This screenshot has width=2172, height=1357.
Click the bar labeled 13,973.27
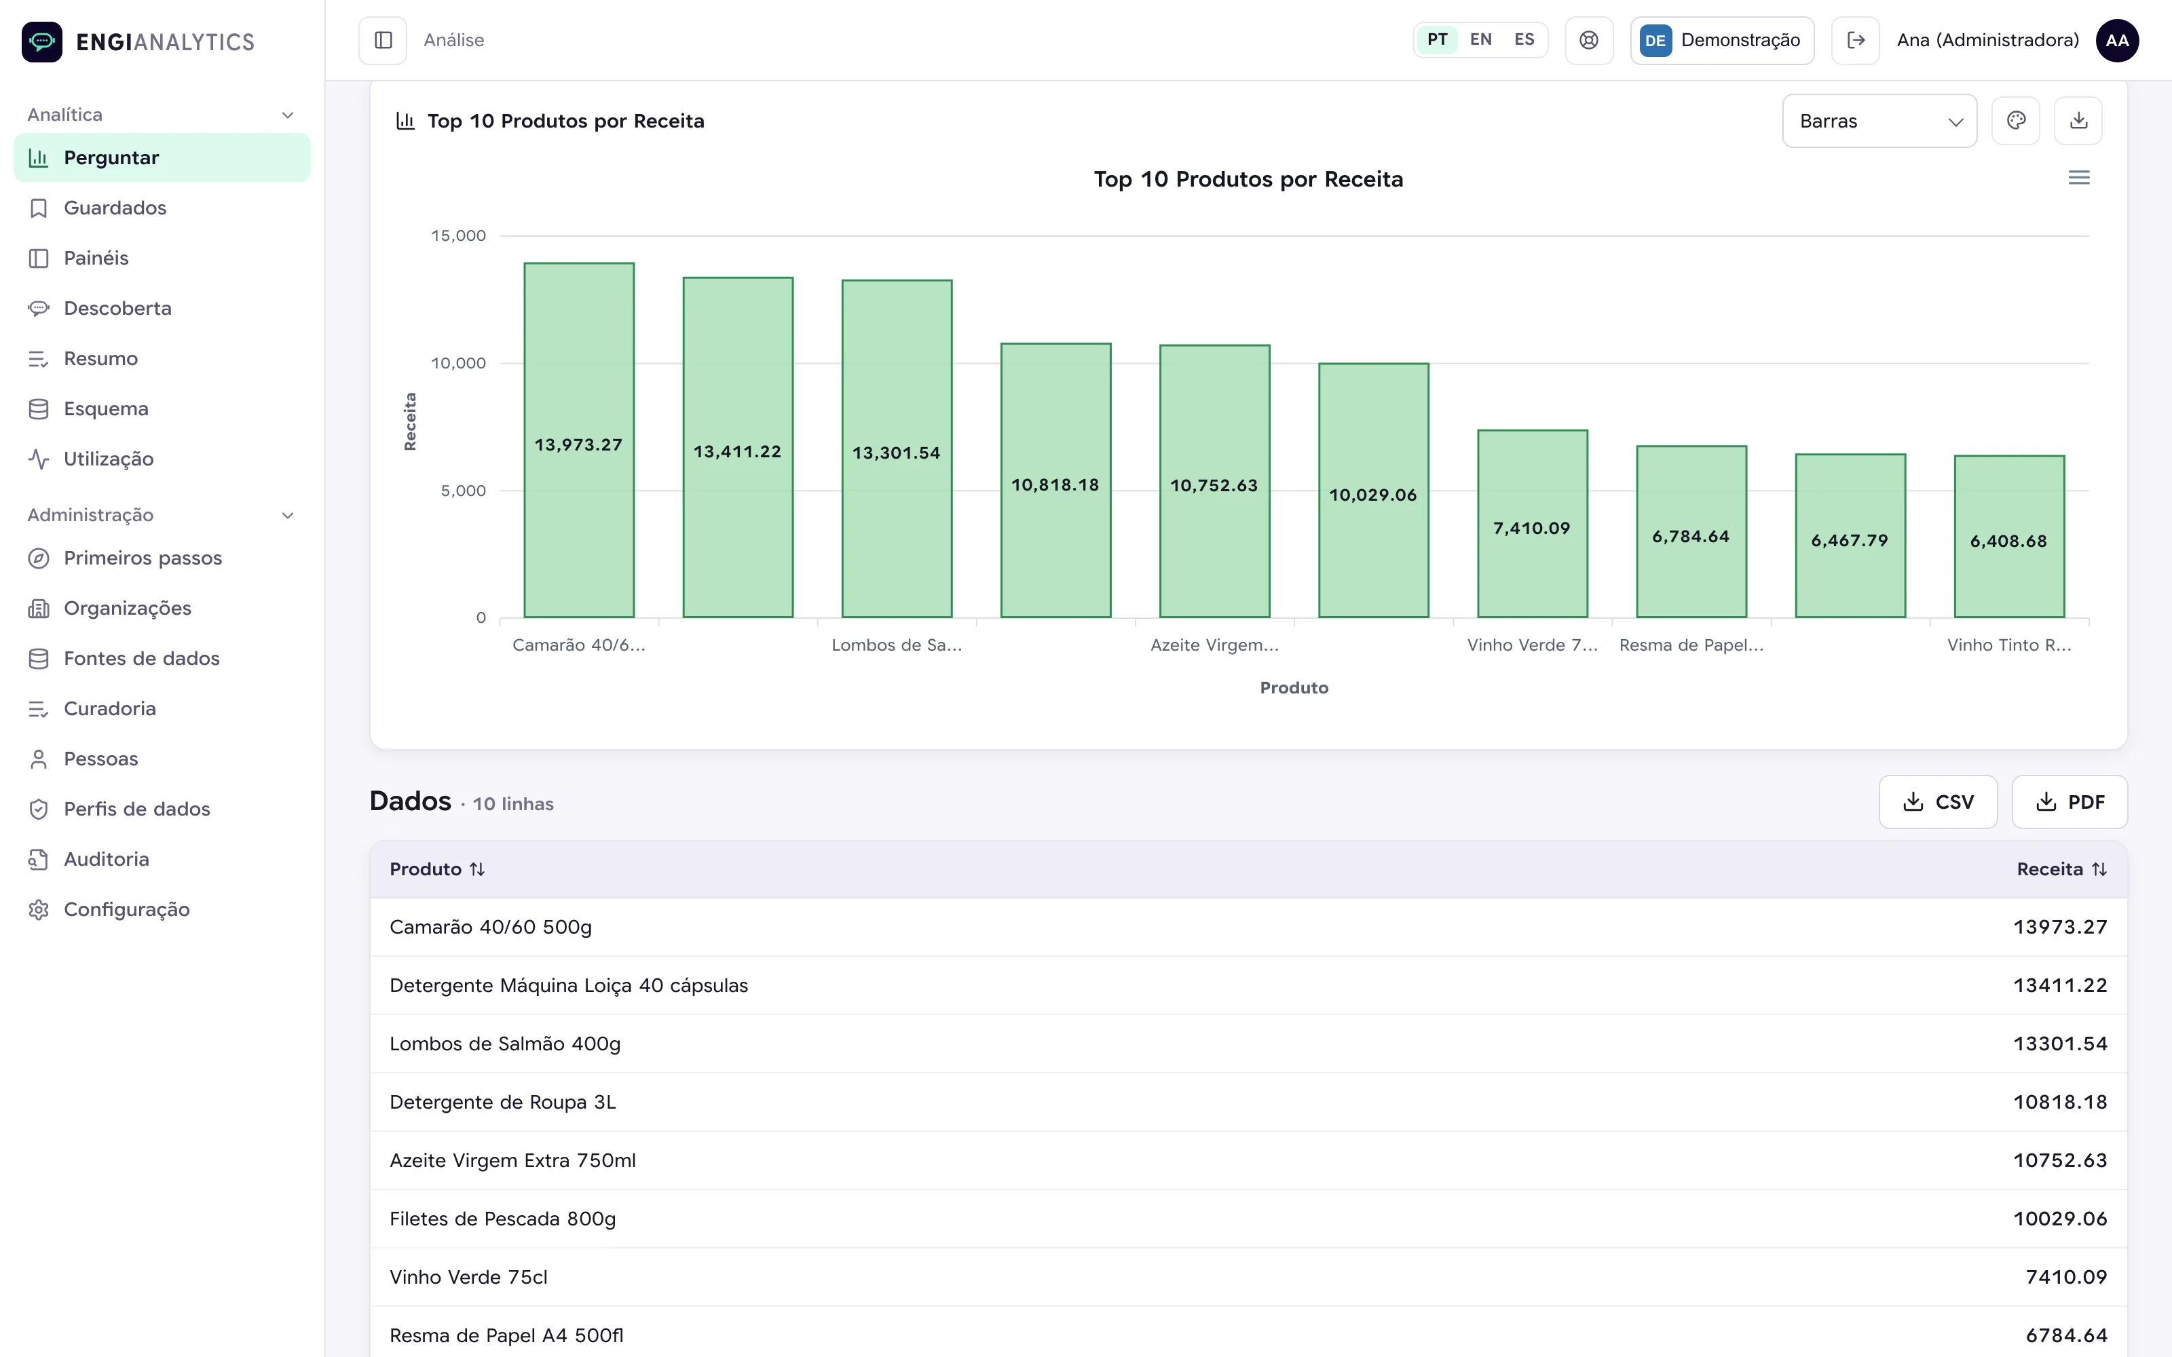coord(579,440)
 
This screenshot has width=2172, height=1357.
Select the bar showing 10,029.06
coord(1373,490)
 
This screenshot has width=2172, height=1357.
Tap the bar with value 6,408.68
coord(2008,537)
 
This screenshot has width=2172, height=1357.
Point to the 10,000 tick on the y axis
coord(459,364)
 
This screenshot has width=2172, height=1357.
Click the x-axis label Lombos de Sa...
coord(897,645)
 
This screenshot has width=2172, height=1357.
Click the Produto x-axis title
coord(1293,687)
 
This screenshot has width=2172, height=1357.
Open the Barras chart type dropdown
coord(1879,121)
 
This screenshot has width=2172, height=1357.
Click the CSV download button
coord(1938,801)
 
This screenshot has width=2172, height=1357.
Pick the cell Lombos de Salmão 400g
coord(505,1044)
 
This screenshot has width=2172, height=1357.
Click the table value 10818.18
coord(2060,1102)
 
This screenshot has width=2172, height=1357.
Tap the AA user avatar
coord(2116,41)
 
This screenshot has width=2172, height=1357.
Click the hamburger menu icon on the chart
coord(2078,178)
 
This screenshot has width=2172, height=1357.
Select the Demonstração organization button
coord(1721,41)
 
